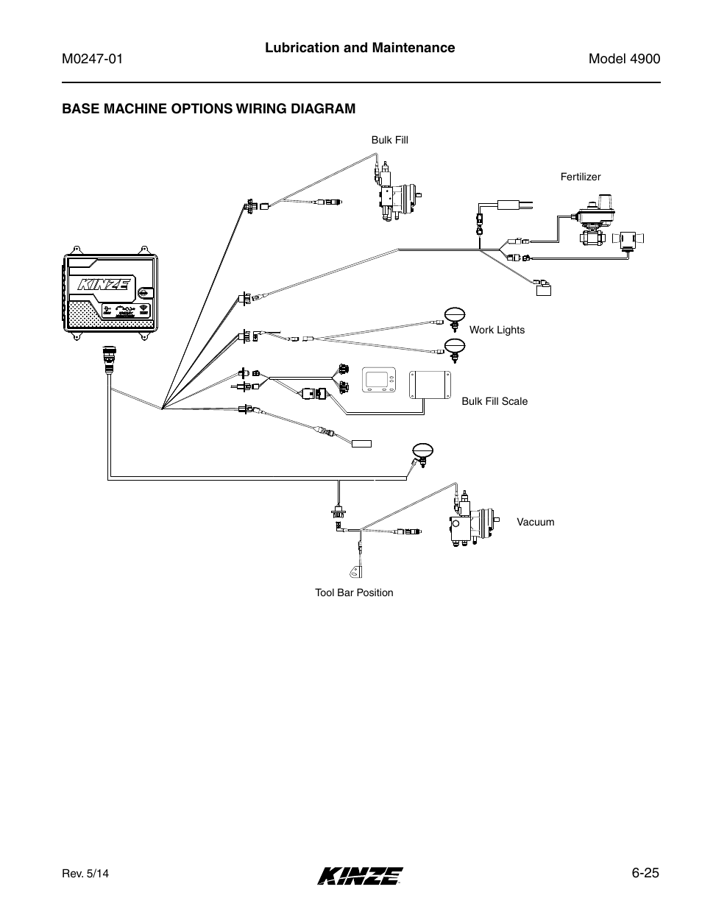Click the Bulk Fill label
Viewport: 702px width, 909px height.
coord(389,140)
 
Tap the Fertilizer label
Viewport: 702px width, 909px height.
coord(581,177)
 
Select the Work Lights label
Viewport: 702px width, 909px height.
coord(497,330)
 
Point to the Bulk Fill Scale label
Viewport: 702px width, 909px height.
coord(494,401)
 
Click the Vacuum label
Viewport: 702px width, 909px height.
coord(535,522)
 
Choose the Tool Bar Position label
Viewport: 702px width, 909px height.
coord(354,593)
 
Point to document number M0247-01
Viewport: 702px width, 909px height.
coord(91,60)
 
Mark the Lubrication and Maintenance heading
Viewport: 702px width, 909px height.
coord(359,48)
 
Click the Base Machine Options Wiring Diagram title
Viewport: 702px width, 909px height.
coord(208,109)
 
